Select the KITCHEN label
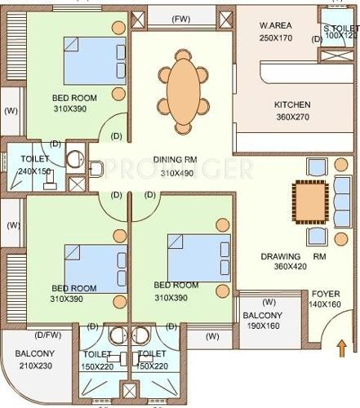click(291, 105)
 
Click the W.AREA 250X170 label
click(276, 31)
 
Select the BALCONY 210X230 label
click(35, 359)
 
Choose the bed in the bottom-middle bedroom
click(193, 255)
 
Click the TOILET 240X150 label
click(34, 166)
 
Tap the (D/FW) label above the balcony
click(47, 334)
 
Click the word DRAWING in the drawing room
click(282, 255)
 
